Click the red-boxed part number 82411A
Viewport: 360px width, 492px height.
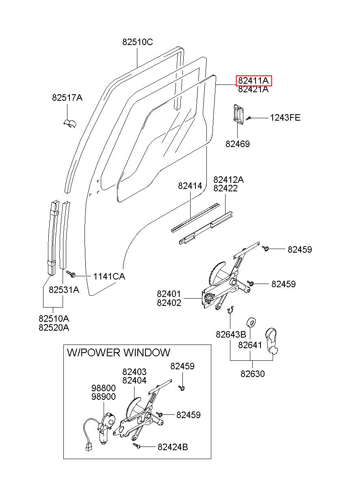tap(253, 80)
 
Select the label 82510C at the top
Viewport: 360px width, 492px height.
tap(137, 42)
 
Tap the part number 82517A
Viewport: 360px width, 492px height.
tap(67, 98)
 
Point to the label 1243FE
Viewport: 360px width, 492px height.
tap(285, 118)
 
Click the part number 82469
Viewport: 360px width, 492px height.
tap(238, 144)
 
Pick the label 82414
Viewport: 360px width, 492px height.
tap(190, 186)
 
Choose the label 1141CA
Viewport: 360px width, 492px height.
tap(109, 276)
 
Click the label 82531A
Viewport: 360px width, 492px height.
tap(64, 290)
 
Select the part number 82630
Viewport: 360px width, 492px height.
tap(253, 374)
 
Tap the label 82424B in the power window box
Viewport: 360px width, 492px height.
tap(173, 447)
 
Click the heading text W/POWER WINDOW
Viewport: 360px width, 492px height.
tap(119, 352)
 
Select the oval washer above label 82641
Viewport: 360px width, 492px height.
tap(251, 322)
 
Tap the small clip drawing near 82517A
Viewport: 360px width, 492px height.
tap(70, 124)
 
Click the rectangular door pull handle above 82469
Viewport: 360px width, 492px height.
tap(238, 115)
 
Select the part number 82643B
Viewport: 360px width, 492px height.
tap(231, 334)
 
